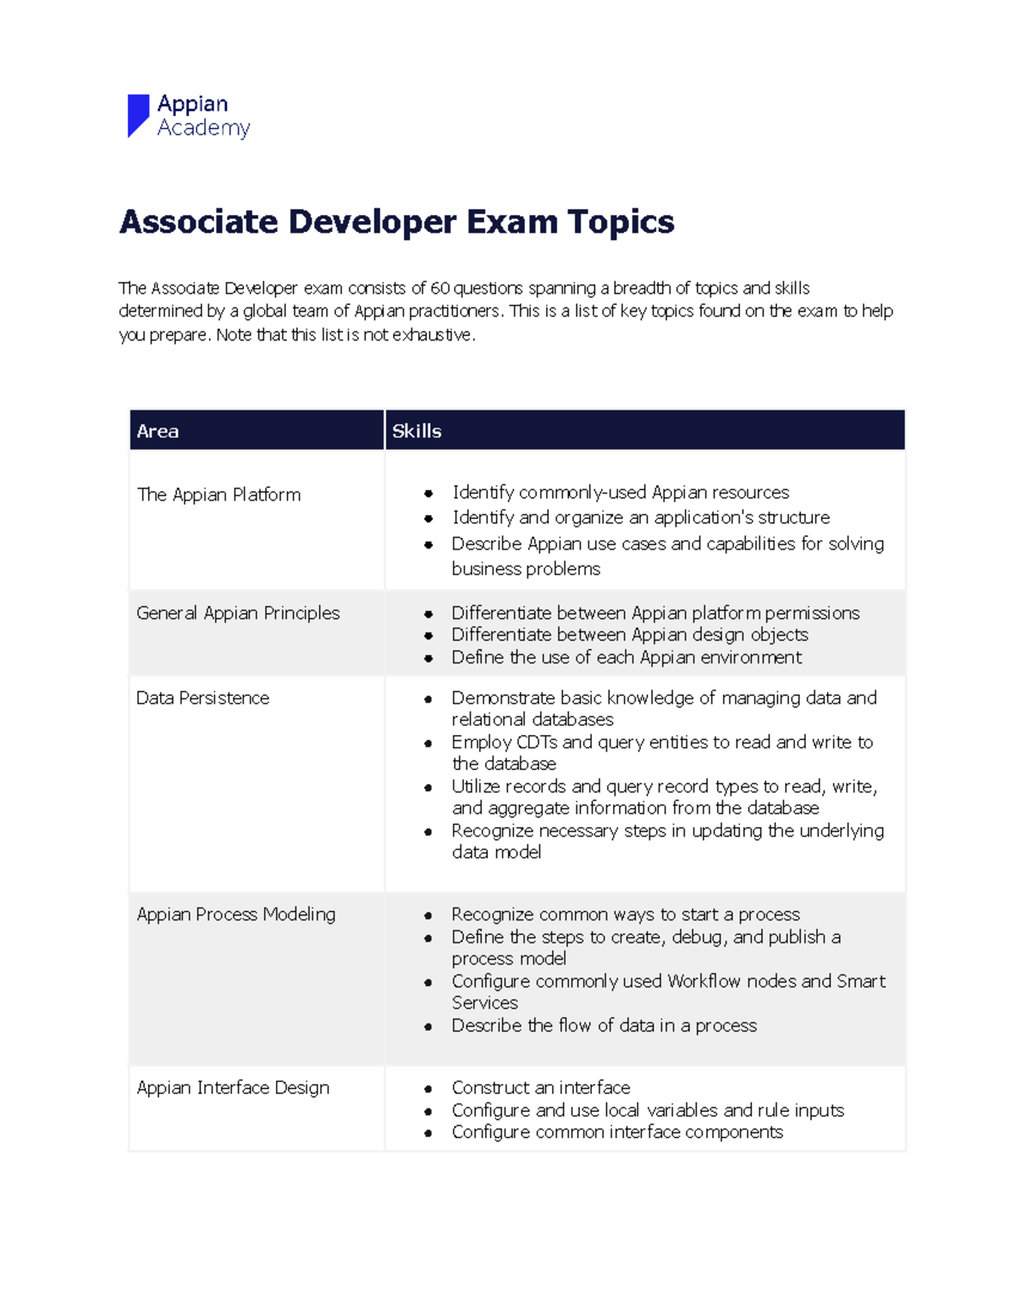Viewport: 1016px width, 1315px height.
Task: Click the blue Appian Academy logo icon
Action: pyautogui.click(x=138, y=115)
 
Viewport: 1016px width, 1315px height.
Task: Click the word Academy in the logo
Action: pyautogui.click(x=203, y=128)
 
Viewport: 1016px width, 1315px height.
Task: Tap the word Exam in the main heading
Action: pyautogui.click(x=512, y=222)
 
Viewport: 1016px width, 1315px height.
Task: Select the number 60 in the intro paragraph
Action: pyautogui.click(x=439, y=288)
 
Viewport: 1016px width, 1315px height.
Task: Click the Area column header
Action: pyautogui.click(x=157, y=431)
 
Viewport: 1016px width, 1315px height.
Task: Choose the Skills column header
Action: pyautogui.click(x=417, y=431)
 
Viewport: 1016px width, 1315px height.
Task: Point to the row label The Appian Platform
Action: pyautogui.click(x=218, y=495)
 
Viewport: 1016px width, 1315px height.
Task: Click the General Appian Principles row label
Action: pyautogui.click(x=238, y=613)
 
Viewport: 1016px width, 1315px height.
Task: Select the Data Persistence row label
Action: pyautogui.click(x=203, y=698)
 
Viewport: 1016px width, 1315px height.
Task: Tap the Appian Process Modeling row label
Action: pyautogui.click(x=236, y=914)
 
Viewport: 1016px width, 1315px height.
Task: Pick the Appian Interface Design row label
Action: pyautogui.click(x=233, y=1087)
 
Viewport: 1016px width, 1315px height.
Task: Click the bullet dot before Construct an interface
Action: pyautogui.click(x=428, y=1089)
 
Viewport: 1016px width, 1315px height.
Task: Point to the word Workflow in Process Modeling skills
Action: pyautogui.click(x=704, y=981)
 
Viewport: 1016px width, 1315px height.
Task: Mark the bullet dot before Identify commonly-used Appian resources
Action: pyautogui.click(x=428, y=494)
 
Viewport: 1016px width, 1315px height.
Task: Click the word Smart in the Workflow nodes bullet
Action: pyautogui.click(x=861, y=981)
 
